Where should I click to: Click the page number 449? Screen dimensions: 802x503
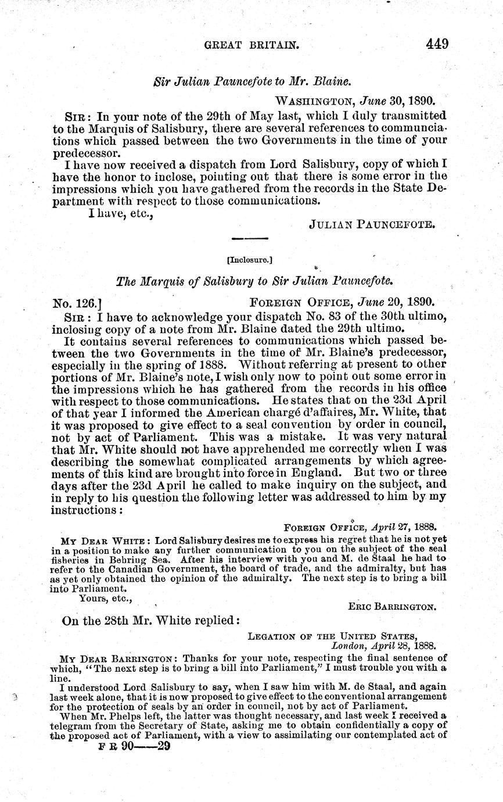click(x=436, y=44)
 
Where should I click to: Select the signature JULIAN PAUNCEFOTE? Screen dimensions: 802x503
click(x=372, y=224)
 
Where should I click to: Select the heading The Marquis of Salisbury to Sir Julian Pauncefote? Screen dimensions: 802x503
click(x=255, y=281)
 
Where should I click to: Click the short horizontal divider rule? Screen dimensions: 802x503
click(x=250, y=238)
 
